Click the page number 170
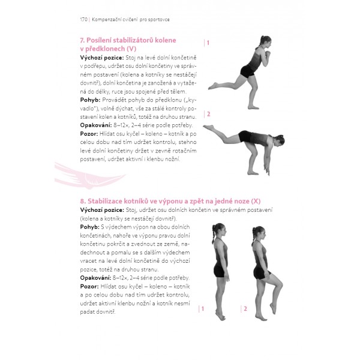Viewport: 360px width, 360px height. tap(83, 20)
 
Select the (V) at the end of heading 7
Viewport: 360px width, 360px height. tap(131, 49)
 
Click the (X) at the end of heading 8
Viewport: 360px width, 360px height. tap(256, 201)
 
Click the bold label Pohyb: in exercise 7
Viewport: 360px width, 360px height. tap(90, 100)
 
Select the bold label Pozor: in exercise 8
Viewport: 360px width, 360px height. tap(89, 287)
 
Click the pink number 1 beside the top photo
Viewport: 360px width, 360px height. tap(208, 43)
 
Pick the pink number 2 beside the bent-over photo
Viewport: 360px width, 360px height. tap(208, 114)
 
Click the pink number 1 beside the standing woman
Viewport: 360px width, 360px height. tap(203, 309)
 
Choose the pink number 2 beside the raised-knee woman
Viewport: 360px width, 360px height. tap(245, 309)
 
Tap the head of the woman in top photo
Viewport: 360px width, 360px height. tap(266, 41)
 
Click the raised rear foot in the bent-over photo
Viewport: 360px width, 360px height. tap(208, 127)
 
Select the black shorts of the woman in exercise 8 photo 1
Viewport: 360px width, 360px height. tap(220, 271)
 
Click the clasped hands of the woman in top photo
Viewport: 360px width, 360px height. tap(267, 55)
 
